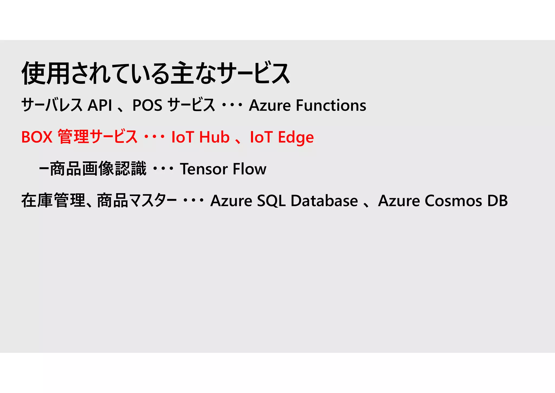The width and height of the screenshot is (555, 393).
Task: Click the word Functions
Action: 331,105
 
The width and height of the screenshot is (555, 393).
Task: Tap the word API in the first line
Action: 100,105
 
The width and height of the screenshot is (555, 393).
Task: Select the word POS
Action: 147,105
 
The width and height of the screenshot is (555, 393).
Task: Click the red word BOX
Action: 37,137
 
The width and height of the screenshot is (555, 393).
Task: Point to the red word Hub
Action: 214,137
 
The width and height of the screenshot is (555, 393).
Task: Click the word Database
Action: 324,201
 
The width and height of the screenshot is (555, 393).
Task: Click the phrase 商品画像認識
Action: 98,169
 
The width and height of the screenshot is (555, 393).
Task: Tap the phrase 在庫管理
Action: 53,201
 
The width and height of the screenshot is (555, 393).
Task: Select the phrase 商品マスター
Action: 137,201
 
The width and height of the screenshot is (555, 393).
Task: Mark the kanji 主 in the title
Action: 183,73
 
